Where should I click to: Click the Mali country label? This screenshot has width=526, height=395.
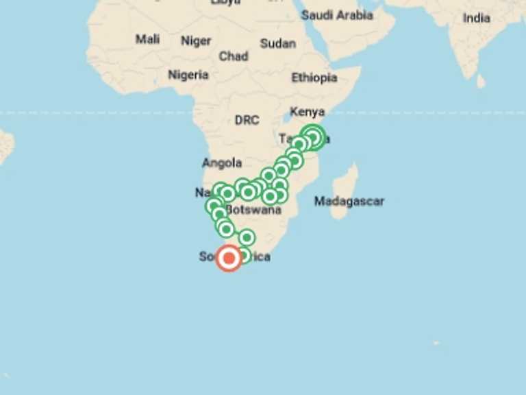click(147, 39)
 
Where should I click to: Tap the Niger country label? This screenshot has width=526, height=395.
click(196, 41)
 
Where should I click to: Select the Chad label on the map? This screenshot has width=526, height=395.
click(234, 56)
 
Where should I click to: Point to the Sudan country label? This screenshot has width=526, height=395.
click(278, 43)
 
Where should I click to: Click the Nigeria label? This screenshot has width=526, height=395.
click(188, 75)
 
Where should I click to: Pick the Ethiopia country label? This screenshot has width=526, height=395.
click(314, 77)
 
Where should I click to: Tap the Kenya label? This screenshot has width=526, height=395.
click(308, 111)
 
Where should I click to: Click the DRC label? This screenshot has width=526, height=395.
click(247, 120)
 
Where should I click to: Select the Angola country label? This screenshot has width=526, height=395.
click(222, 163)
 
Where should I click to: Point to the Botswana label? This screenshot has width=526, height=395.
click(253, 210)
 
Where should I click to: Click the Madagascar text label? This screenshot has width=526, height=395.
click(349, 201)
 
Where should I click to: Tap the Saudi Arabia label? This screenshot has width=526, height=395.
click(337, 14)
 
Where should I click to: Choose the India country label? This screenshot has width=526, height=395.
click(477, 18)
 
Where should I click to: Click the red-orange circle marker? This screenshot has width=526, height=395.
click(229, 258)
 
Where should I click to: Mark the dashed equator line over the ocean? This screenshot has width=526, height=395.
click(82, 112)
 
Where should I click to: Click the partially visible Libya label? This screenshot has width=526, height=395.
click(226, 3)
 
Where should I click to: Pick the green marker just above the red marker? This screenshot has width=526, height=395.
click(247, 238)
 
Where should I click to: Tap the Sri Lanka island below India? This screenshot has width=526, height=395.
click(481, 81)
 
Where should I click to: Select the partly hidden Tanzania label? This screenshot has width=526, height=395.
click(286, 139)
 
